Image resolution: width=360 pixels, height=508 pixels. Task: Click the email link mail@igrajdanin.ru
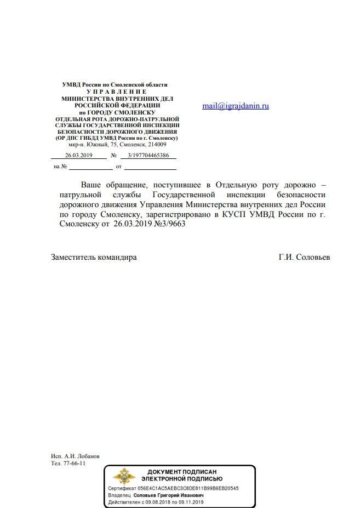pos(236,106)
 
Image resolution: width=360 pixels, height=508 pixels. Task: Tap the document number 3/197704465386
pos(148,156)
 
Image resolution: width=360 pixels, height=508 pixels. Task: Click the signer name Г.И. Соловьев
pos(304,257)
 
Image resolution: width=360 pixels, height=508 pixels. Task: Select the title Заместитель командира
pos(94,257)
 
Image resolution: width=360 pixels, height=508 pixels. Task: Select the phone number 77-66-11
pos(76,463)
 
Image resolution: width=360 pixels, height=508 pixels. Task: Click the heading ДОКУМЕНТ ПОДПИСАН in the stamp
pos(182,472)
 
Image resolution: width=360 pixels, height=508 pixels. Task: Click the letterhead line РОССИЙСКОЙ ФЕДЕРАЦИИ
pos(117,104)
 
